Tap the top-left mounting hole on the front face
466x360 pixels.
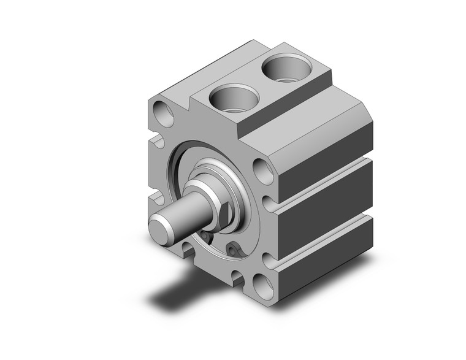pyautogui.click(x=164, y=114)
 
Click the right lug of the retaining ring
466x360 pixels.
pyautogui.click(x=234, y=250)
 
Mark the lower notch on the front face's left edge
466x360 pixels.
pyautogui.click(x=157, y=197)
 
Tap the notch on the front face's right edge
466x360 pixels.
pyautogui.click(x=267, y=202)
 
